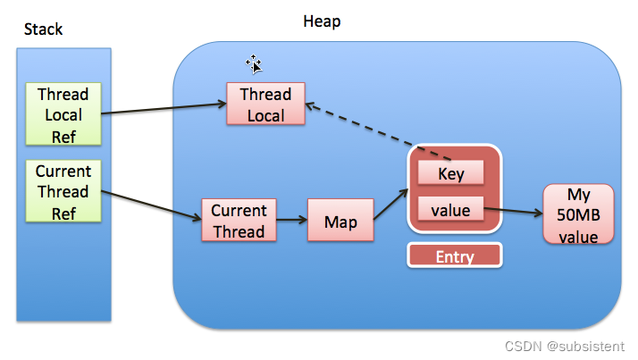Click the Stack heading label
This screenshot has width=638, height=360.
pos(43,29)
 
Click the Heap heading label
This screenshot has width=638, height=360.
pos(323,20)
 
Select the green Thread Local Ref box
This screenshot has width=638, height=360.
pos(63,114)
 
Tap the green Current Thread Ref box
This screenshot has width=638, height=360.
pos(63,191)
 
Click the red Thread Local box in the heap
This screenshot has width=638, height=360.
pos(265,105)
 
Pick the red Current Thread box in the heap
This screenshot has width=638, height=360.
pos(239,221)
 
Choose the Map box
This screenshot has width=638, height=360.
pos(340,221)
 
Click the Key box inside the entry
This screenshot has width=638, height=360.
pos(451,173)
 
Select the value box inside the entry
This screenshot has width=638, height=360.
pos(451,211)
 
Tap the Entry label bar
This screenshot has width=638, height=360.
pos(454,256)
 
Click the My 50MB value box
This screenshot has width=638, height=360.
pos(579,214)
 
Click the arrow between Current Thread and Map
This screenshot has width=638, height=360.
pos(291,221)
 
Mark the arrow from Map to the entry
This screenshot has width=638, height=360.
pos(390,204)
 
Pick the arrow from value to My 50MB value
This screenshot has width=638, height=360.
pos(513,213)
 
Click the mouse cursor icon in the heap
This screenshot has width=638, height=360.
pos(255,63)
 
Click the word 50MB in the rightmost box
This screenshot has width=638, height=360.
pos(579,215)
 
